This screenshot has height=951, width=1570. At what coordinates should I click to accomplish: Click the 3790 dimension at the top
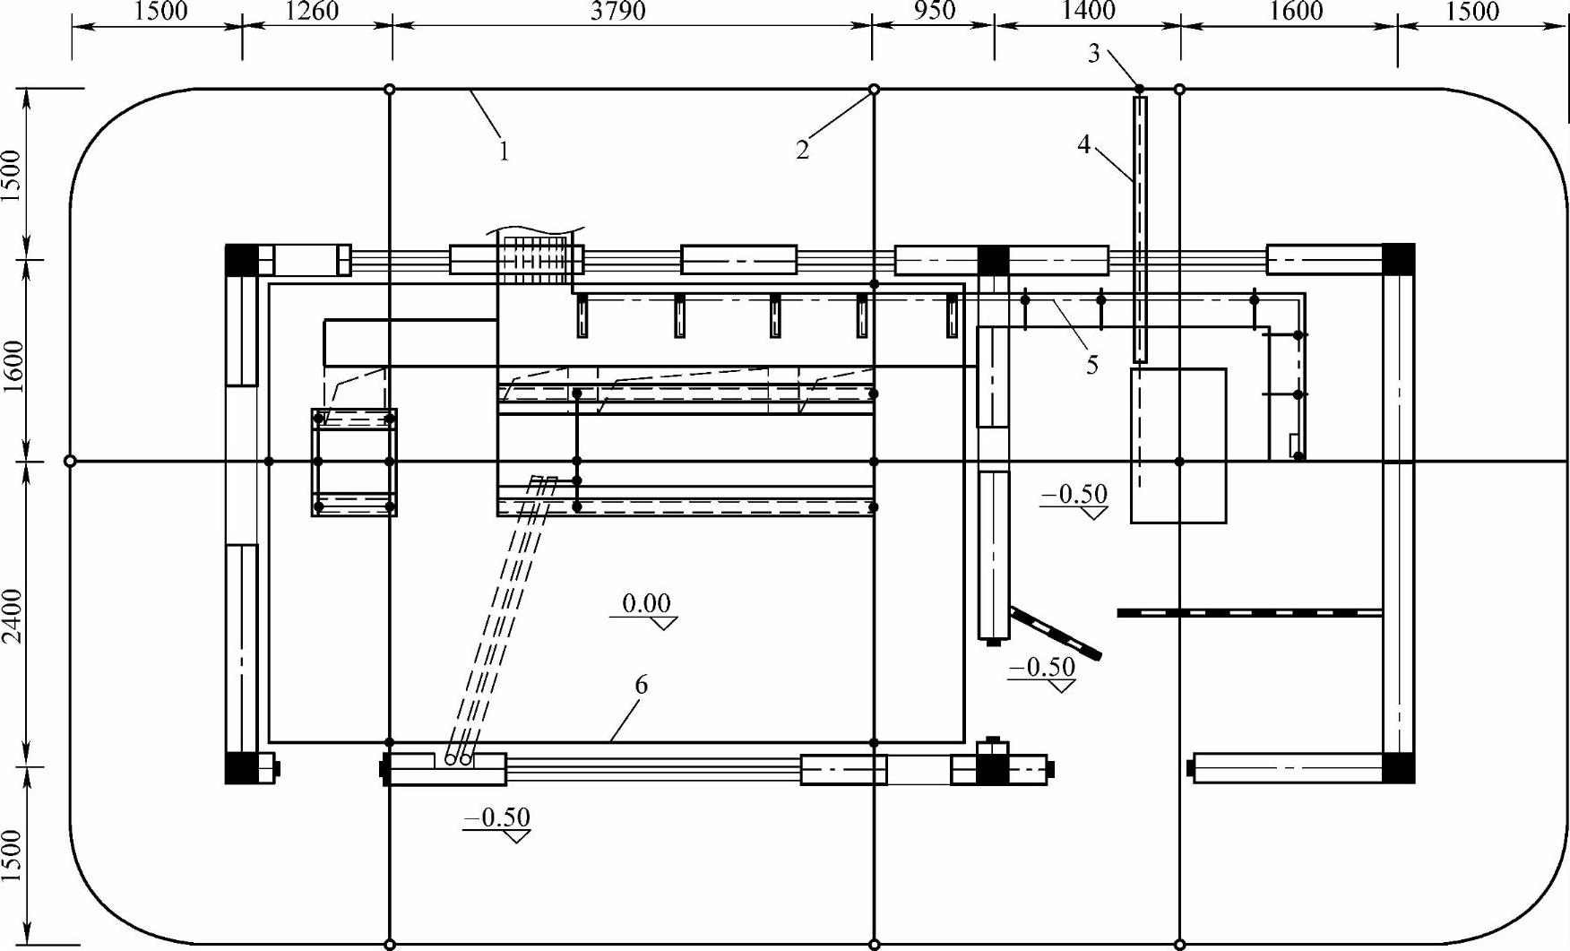point(618,11)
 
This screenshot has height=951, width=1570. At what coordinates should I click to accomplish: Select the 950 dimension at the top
point(934,11)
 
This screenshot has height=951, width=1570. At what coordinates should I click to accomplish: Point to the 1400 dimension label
point(1088,11)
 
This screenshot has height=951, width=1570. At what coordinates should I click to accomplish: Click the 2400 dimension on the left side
point(12,615)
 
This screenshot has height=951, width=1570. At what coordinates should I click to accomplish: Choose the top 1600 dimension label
point(1297,11)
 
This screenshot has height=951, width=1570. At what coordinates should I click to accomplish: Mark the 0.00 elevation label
point(646,603)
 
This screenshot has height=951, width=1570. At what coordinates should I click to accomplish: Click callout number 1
point(504,151)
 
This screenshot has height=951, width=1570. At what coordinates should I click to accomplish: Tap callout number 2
point(802,150)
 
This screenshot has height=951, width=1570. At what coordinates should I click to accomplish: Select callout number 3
point(1093,54)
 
